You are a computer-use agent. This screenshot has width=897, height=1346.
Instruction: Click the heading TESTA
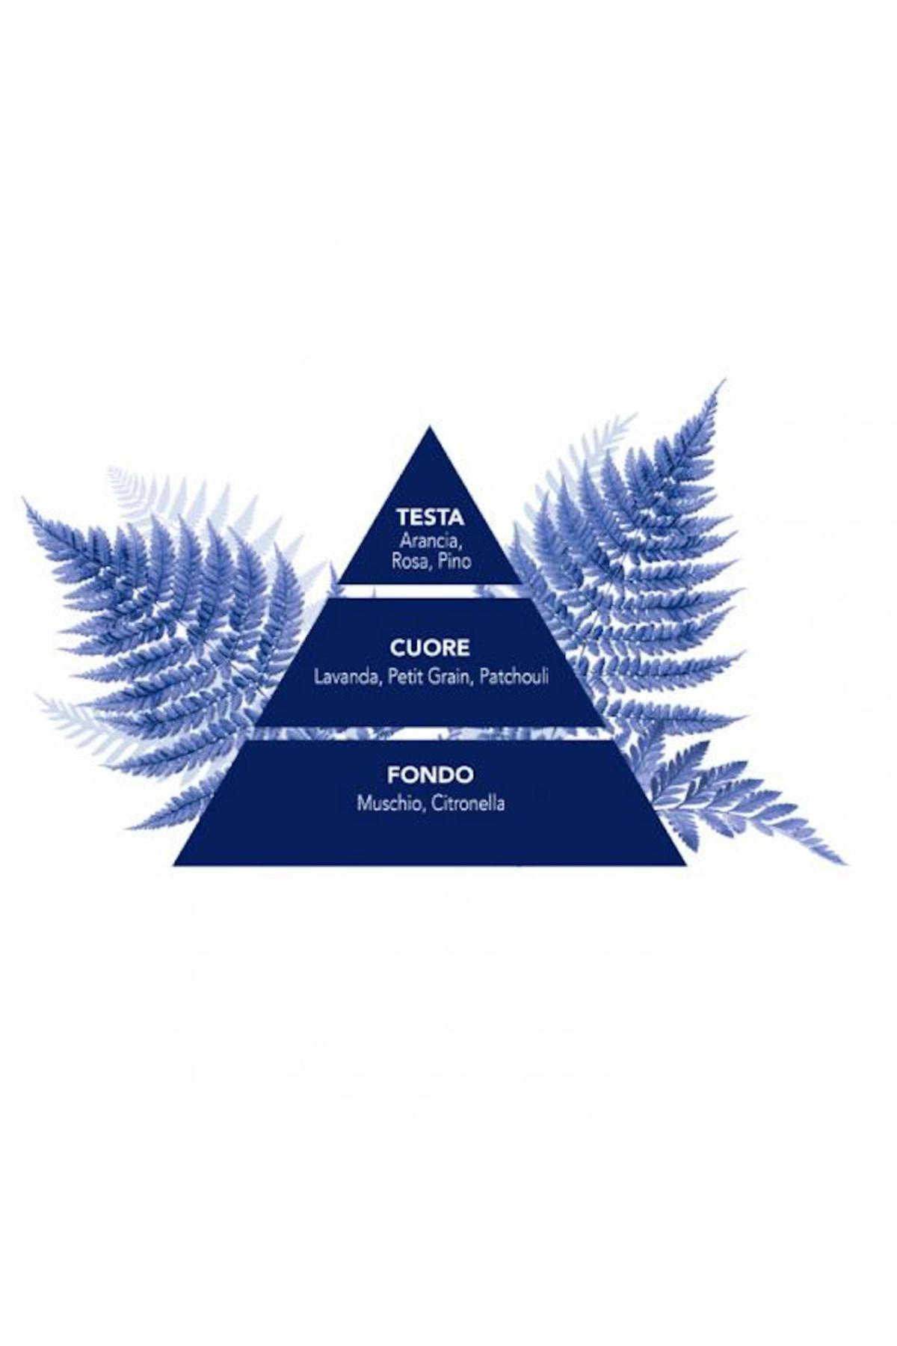(430, 517)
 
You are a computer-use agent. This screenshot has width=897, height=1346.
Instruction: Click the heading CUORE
(430, 647)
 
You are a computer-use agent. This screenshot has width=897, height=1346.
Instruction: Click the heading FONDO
(430, 775)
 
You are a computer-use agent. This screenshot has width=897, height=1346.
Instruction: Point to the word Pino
(454, 561)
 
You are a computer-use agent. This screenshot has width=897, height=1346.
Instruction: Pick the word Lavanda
(341, 677)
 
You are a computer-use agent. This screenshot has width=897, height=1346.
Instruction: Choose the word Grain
(451, 677)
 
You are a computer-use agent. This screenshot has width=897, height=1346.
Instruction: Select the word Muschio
(387, 804)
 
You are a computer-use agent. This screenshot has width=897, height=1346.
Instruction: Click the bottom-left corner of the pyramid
(175, 864)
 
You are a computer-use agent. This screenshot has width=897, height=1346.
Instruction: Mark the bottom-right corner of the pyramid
(684, 864)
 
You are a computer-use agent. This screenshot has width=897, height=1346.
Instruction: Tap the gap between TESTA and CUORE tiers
(430, 591)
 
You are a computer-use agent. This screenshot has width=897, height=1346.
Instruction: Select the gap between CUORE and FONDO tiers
(430, 733)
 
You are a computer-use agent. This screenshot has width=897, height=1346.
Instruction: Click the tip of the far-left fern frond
(25, 501)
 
